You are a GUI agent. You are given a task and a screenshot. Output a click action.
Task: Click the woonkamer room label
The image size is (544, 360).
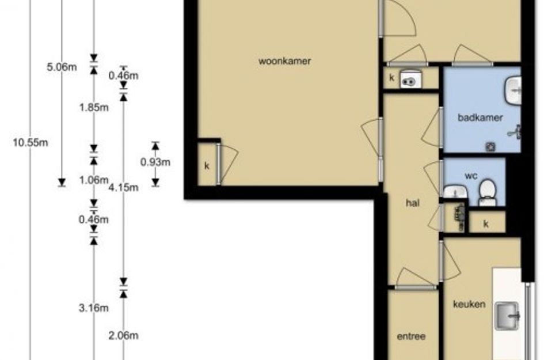tap(284, 61)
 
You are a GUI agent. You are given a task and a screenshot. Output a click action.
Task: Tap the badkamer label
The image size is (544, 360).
tap(480, 118)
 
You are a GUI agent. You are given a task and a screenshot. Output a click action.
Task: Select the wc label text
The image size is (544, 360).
tap(471, 176)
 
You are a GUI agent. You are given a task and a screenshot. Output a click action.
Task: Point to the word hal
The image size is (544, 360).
tap(413, 203)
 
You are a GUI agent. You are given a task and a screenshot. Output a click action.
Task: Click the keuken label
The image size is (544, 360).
tap(469, 305)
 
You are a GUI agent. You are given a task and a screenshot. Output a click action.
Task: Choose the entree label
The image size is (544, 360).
tap(411, 336)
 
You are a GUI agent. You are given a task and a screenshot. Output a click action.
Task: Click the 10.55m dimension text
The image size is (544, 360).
tap(31, 143)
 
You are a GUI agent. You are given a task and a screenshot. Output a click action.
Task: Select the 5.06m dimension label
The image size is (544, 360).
tap(62, 67)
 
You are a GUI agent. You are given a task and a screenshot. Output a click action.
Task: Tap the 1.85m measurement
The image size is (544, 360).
tap(94, 108)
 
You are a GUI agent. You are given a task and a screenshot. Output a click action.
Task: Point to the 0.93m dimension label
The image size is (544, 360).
tap(155, 162)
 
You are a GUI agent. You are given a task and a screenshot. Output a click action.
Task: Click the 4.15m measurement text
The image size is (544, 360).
tap(124, 188)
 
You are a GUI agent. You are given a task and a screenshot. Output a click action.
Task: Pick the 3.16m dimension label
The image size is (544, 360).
tap(94, 308)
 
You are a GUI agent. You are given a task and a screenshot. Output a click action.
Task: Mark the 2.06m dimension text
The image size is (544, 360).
tap(124, 336)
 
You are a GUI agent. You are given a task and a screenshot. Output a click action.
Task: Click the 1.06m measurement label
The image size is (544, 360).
tap(94, 180)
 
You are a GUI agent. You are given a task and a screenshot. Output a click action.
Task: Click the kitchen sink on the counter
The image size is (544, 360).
tap(507, 316)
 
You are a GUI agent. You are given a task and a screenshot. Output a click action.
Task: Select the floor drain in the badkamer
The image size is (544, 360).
tap(490, 147)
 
